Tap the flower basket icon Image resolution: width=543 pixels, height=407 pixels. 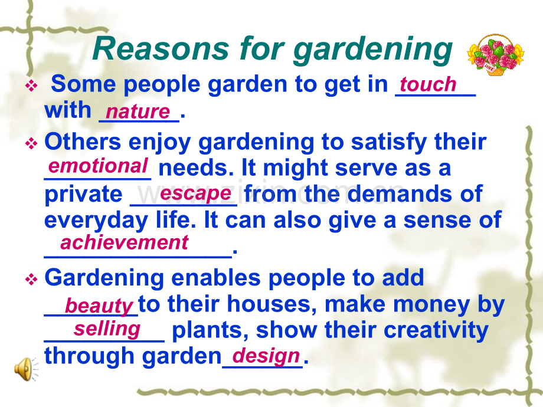point(496,55)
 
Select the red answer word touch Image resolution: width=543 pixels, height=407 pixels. point(428,84)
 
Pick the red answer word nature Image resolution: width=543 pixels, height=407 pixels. point(138,111)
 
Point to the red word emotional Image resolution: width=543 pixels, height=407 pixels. point(98,166)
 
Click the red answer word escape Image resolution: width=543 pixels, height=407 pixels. point(196,193)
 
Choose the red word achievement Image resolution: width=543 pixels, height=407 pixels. point(125,242)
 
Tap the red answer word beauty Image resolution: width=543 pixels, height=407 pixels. point(99,306)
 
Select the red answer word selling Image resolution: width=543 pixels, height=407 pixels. point(107,329)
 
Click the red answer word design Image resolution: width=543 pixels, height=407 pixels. point(266,356)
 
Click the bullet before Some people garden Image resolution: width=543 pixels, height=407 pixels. point(31,86)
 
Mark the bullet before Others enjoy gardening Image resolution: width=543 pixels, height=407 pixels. point(31,143)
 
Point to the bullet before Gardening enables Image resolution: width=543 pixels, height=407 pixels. point(31,279)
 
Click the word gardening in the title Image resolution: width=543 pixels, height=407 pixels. point(373,51)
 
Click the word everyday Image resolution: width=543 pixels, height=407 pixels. point(96,221)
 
